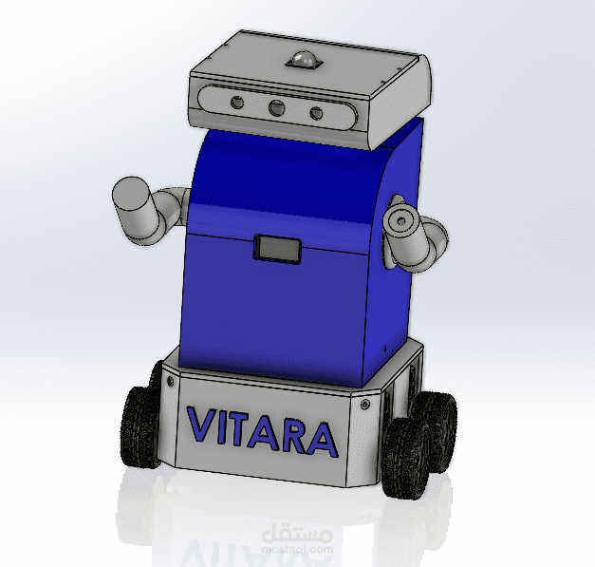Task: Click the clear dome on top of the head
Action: [x=303, y=60]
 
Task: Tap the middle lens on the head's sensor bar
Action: [x=277, y=108]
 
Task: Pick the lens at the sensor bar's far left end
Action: [x=237, y=103]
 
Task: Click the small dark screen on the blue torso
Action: [x=277, y=249]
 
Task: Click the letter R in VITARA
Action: [x=296, y=435]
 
